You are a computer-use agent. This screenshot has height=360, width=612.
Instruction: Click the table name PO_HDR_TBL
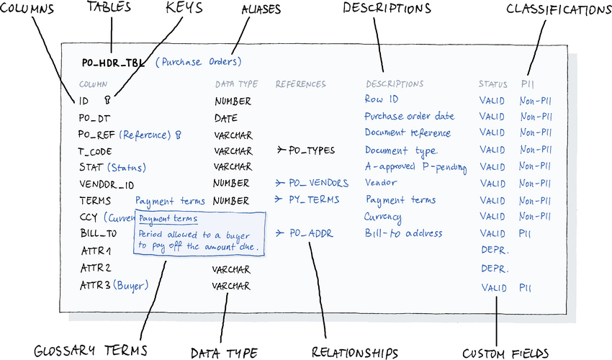point(114,63)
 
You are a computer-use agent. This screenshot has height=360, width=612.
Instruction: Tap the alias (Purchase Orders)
point(199,62)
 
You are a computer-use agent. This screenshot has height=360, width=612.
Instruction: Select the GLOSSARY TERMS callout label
point(90,351)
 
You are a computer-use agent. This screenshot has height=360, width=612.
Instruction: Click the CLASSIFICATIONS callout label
point(558,9)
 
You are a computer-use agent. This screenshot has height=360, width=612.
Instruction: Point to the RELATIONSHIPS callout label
point(355,352)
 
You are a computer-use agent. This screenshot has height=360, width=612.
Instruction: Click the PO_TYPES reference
point(311,150)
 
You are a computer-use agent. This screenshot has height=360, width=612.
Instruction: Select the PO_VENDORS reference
point(318,183)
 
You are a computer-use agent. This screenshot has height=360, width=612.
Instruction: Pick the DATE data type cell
point(225,117)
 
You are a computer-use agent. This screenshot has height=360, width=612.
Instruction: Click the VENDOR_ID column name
point(107,184)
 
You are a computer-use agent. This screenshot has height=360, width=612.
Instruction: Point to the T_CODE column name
point(94,151)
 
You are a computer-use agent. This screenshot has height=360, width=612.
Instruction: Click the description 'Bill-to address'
point(403,233)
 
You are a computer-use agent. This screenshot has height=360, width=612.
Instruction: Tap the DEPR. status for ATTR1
point(495,251)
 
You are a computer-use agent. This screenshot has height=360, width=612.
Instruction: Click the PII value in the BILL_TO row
point(526,233)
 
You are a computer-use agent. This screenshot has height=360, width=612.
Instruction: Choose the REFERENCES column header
point(300,84)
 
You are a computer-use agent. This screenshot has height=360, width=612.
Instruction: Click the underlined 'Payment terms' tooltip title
point(168,218)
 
